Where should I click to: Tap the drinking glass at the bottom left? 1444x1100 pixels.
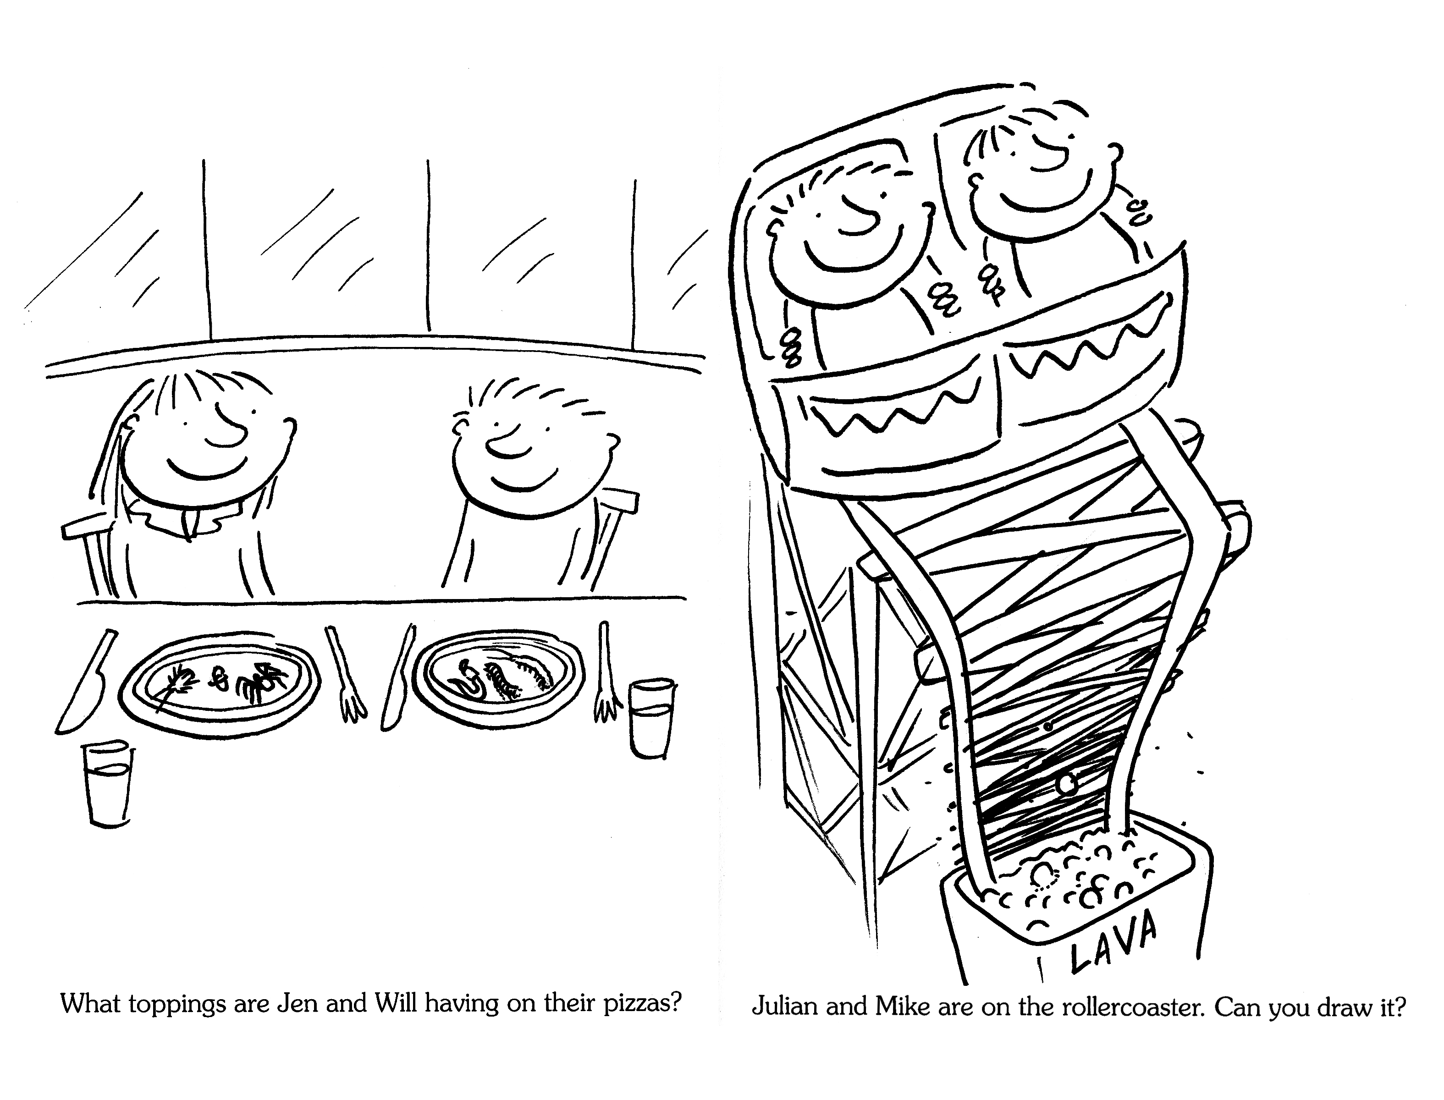pos(108,784)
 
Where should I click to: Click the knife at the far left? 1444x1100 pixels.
pos(85,681)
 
